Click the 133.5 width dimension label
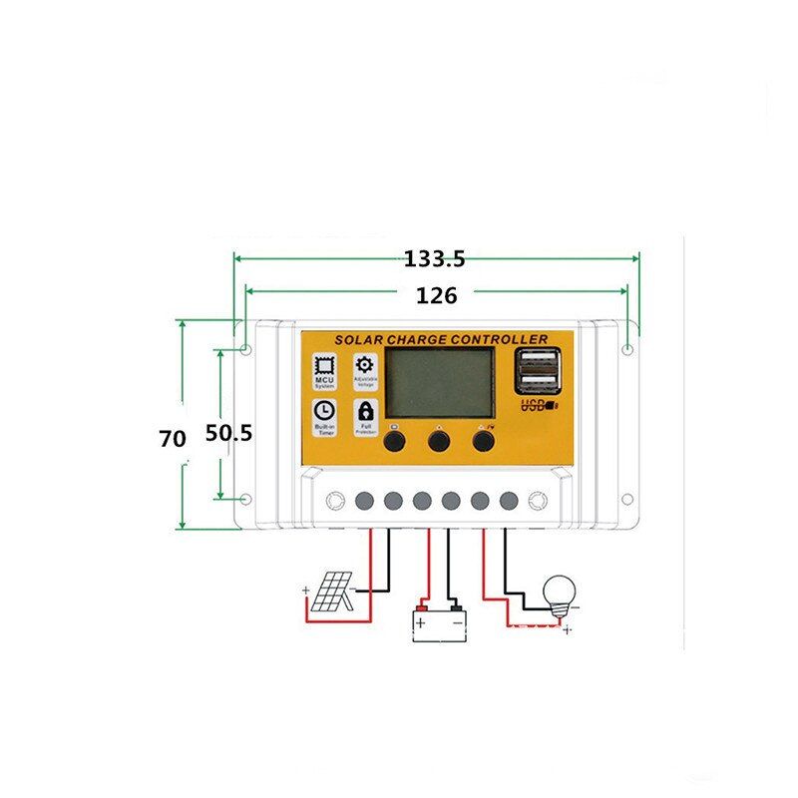tap(434, 259)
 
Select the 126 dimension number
tap(436, 296)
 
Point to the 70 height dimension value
tap(174, 437)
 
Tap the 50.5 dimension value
tap(228, 434)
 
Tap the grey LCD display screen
tap(439, 383)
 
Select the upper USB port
tap(536, 361)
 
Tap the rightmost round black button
tap(484, 439)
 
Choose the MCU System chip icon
tap(324, 365)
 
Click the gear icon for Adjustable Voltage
tap(365, 365)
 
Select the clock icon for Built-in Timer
tap(324, 409)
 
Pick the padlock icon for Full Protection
tap(365, 409)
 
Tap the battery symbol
tap(439, 622)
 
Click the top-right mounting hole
tap(626, 350)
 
